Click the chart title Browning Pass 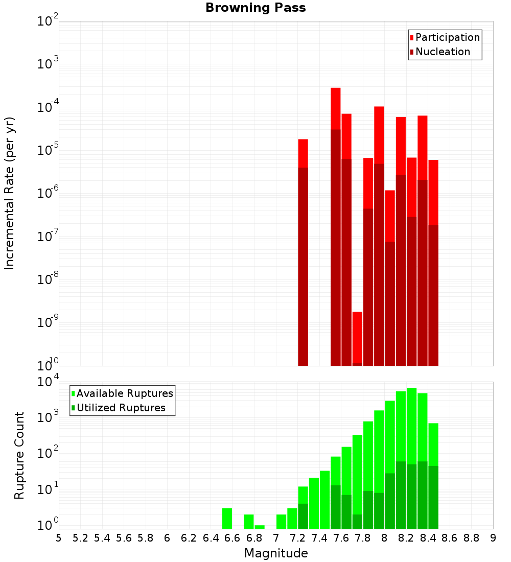click(255, 8)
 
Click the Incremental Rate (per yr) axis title click(10, 193)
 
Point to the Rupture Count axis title click(19, 455)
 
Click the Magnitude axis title click(276, 553)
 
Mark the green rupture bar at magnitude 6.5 click(227, 519)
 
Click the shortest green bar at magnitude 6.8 click(260, 527)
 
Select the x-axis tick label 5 click(59, 538)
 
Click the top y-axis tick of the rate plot click(48, 21)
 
